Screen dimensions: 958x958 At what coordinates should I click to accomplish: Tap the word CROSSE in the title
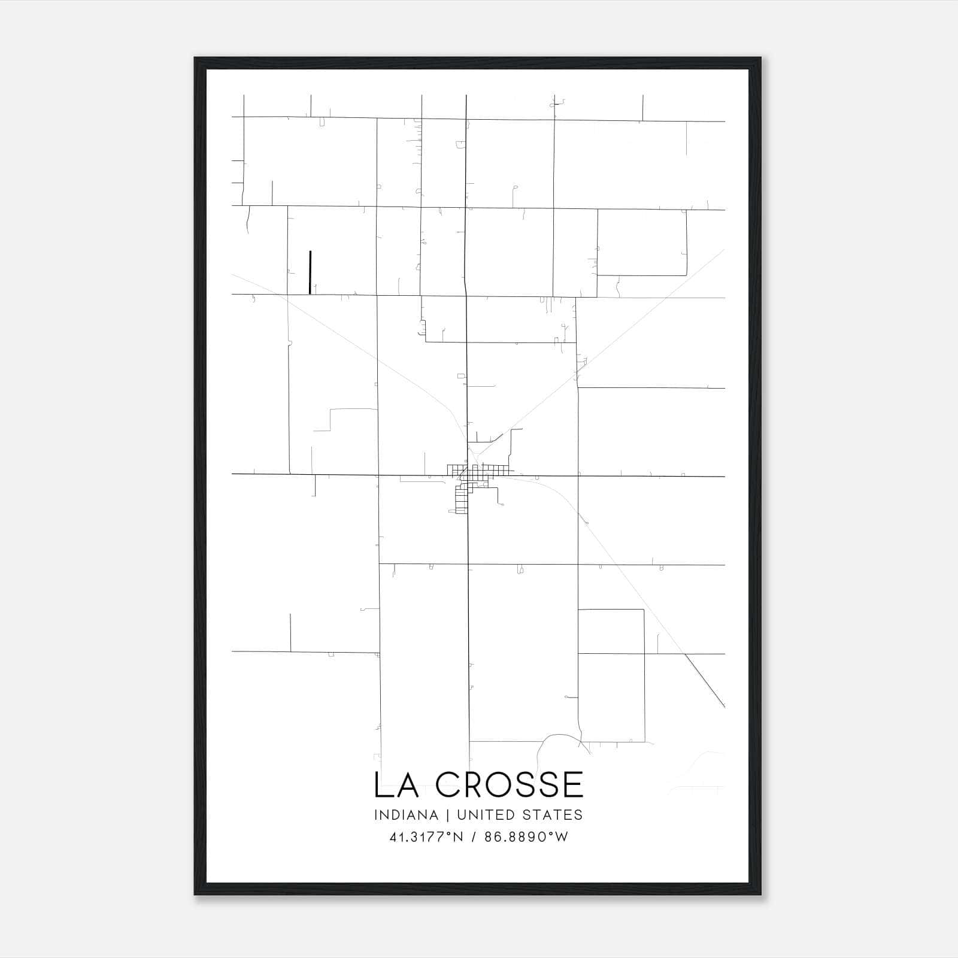point(509,785)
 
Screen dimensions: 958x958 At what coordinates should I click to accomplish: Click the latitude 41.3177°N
point(426,837)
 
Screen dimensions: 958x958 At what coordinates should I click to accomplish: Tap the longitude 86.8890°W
point(526,837)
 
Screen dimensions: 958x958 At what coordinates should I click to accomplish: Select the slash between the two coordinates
point(474,837)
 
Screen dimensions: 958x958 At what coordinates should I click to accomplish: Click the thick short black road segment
point(310,272)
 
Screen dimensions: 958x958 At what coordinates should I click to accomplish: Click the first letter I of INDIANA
point(376,815)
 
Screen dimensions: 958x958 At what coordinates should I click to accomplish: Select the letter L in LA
point(381,785)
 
